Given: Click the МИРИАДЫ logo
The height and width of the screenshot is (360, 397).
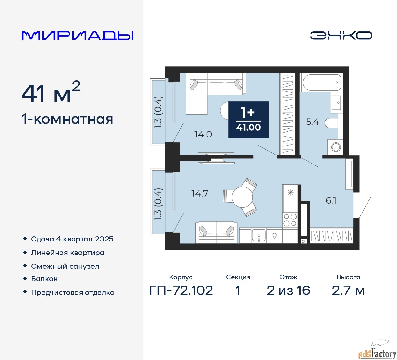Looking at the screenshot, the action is (77, 36).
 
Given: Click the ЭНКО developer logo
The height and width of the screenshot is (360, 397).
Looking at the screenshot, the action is (341, 35).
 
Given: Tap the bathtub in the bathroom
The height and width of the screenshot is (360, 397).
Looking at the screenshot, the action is (321, 82).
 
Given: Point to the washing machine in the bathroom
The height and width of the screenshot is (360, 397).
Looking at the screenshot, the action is (335, 147).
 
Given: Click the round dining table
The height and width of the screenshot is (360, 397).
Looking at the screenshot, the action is (242, 197).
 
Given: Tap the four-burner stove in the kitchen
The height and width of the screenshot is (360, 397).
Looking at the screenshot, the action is (290, 220).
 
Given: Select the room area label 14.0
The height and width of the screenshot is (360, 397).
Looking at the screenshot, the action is (203, 134).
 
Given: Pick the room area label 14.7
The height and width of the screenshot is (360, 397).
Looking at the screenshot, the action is (200, 193).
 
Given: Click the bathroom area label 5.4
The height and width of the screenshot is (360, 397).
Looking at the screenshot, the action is (313, 122).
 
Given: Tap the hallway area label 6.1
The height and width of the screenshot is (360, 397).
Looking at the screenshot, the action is (331, 201).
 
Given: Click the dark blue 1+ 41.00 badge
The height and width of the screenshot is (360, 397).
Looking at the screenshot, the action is (248, 120).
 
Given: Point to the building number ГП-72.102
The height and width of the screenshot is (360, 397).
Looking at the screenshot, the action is (181, 290).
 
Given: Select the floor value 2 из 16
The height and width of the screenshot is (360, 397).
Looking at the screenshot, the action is (288, 290).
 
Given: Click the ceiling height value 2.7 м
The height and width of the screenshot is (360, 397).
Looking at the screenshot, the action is (348, 290).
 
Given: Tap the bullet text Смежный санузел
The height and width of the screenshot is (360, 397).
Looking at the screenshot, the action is (65, 267).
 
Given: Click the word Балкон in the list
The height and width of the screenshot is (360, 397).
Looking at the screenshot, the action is (44, 279).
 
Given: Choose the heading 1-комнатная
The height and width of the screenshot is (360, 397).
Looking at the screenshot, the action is (67, 119).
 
